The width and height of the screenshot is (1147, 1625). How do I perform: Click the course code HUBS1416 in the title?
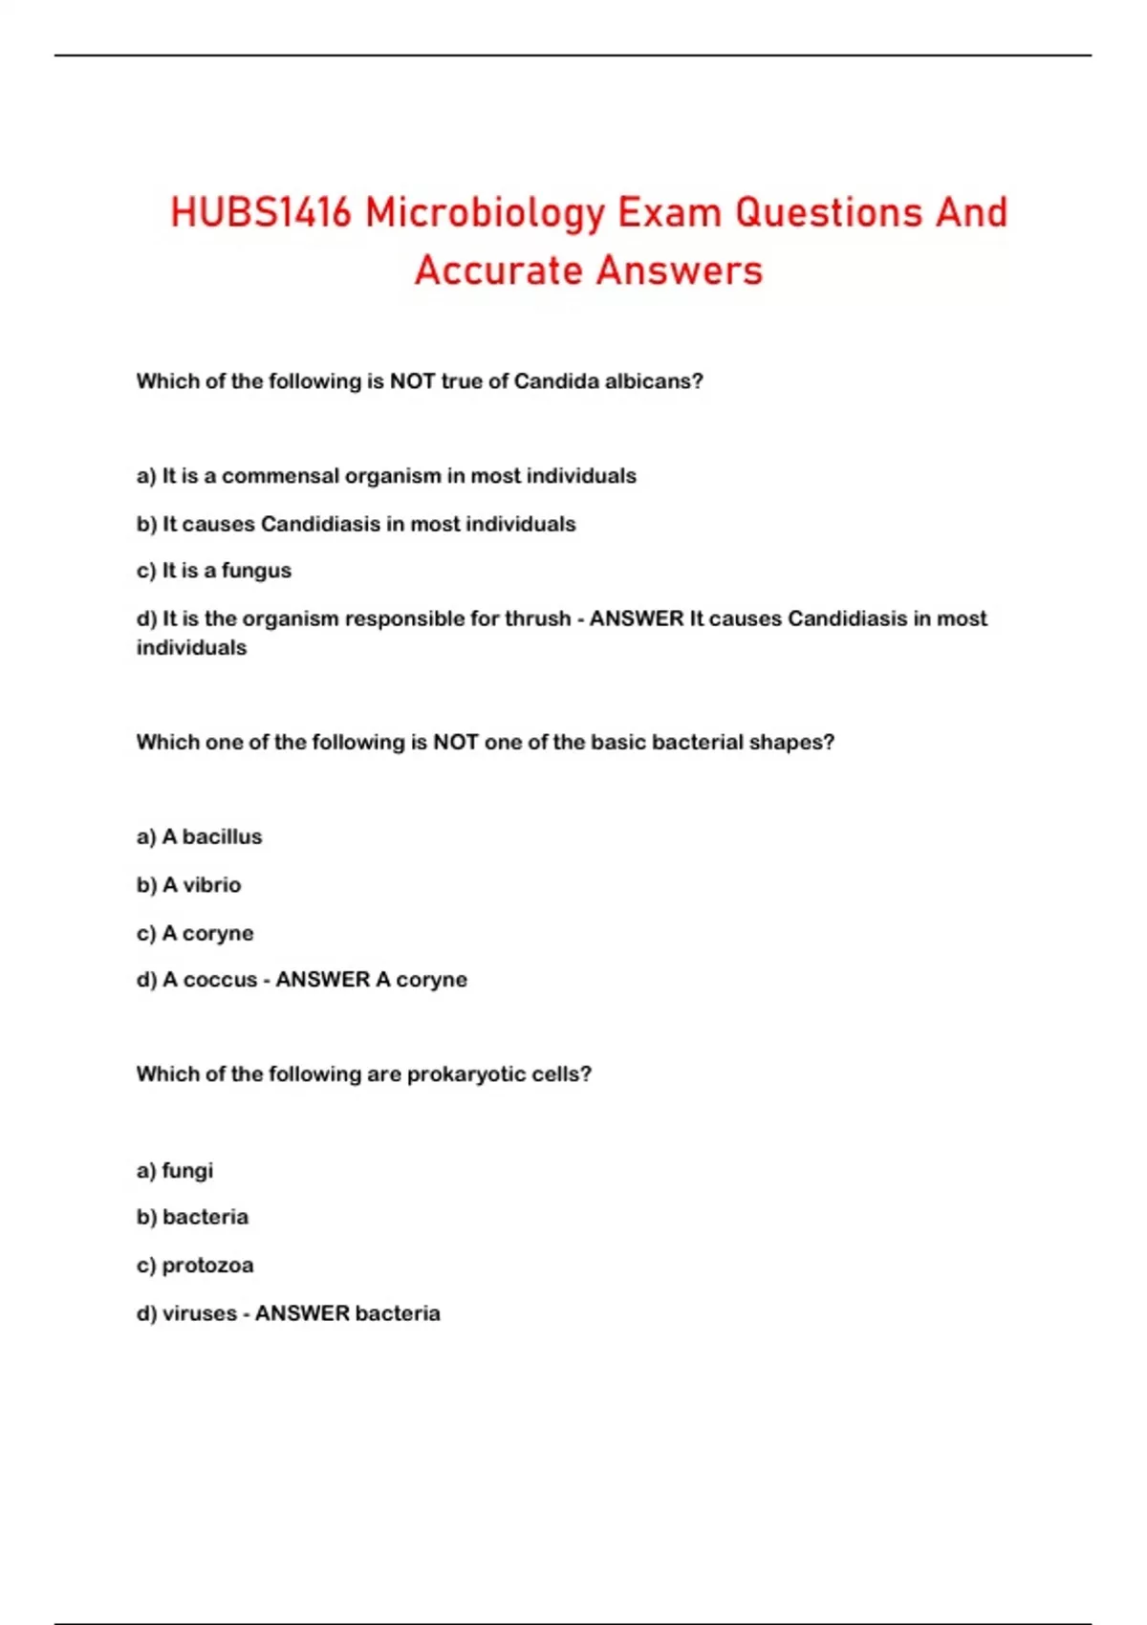[261, 212]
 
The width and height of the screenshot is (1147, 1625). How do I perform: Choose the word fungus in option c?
[256, 571]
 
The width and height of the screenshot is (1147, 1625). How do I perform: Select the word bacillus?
[222, 837]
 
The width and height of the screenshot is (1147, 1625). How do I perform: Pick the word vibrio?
[211, 885]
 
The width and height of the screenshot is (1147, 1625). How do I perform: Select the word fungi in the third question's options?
[187, 1171]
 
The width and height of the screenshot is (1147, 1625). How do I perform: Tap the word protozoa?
[207, 1266]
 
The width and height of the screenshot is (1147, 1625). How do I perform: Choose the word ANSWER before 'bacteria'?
[302, 1313]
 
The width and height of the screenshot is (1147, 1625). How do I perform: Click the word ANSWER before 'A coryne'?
[322, 980]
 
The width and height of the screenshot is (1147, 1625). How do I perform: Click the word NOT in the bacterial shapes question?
[455, 743]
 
